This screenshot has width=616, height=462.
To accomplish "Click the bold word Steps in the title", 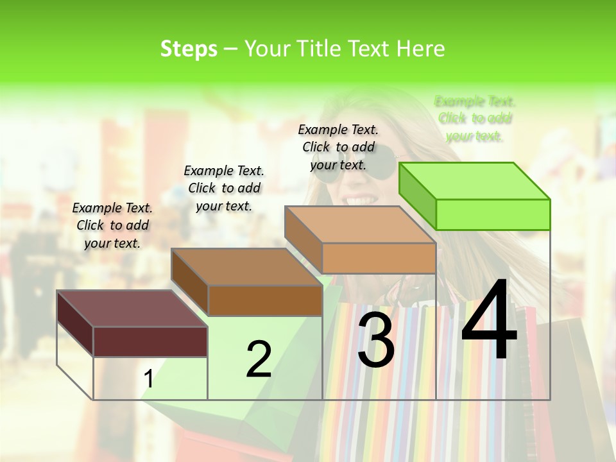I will [189, 49].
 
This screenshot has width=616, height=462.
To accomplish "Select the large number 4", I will [489, 321].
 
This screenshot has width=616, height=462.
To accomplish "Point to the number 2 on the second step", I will [259, 359].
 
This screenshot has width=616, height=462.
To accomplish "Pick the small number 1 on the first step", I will [148, 379].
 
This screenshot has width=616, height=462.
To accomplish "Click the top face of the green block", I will [474, 180].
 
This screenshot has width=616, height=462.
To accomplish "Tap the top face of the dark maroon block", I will [132, 308].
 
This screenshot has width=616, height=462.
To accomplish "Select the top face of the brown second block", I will [246, 266].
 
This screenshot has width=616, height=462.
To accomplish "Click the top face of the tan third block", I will [360, 224].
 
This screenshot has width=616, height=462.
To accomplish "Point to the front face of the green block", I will [493, 214].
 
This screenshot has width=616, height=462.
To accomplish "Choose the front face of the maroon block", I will [150, 341].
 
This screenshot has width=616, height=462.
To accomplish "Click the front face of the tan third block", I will [379, 258].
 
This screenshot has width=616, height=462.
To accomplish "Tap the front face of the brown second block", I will [265, 300].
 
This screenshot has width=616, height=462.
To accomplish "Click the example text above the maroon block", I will [112, 225].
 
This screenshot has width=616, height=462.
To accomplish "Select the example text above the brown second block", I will [224, 188].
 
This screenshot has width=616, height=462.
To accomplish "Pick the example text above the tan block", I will [338, 147].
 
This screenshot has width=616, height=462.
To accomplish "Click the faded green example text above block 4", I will [475, 119].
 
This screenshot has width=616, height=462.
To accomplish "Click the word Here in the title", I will [421, 49].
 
